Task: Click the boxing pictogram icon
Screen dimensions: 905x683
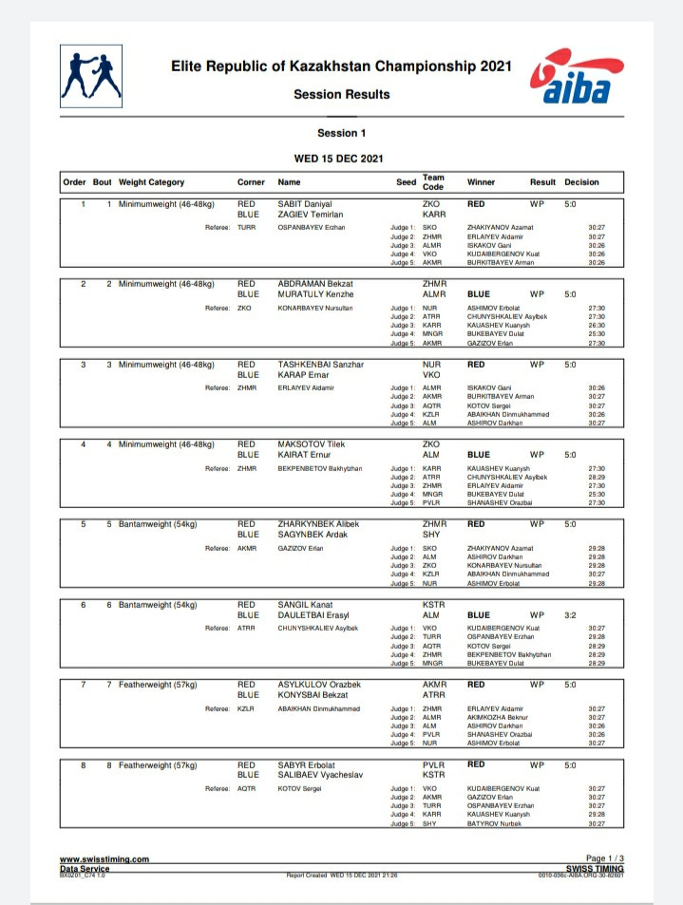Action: click(90, 76)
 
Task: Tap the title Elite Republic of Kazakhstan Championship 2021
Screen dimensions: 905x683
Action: click(341, 67)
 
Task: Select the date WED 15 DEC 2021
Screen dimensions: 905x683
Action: click(341, 158)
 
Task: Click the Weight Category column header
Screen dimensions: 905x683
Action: click(151, 182)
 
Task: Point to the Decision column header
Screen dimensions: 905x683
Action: click(581, 182)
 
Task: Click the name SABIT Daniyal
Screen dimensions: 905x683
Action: click(305, 204)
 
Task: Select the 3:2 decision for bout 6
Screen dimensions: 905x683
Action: click(570, 614)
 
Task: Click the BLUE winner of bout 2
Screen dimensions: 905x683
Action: click(479, 294)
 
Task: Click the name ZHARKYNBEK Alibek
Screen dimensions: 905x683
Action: click(317, 523)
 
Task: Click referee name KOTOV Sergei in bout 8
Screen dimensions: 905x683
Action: click(298, 788)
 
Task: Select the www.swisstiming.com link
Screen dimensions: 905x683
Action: click(104, 859)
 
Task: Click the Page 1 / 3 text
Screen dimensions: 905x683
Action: click(605, 858)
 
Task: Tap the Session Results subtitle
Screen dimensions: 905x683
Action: click(341, 94)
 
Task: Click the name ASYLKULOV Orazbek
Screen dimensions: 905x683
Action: click(317, 684)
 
